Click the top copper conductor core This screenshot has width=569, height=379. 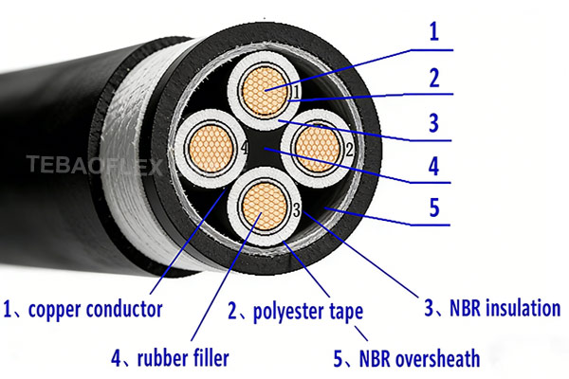click(x=266, y=88)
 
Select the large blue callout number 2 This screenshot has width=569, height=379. click(x=434, y=78)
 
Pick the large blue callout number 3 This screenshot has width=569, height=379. click(x=434, y=122)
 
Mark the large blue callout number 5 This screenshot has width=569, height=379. click(x=434, y=207)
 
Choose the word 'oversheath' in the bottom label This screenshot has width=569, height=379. click(x=434, y=358)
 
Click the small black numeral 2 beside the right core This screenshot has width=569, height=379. click(x=349, y=149)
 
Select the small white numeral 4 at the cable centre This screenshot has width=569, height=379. click(x=246, y=149)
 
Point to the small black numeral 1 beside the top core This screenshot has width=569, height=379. click(x=296, y=92)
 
